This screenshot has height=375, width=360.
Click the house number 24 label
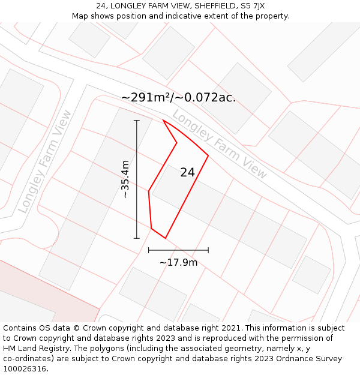point(187,172)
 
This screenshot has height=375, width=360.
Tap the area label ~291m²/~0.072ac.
point(178,97)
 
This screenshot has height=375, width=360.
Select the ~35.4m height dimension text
point(125,179)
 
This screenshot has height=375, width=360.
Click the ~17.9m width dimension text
point(178,262)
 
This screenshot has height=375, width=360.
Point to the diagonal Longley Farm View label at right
point(220,144)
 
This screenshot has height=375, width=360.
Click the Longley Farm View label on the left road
point(45,161)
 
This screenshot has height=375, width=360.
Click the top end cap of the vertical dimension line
point(137,121)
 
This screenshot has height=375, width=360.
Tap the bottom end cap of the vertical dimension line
point(137,238)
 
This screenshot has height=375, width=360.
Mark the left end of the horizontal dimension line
point(149,250)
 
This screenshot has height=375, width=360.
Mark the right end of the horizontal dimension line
point(208,250)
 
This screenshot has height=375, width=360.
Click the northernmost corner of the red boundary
point(164,120)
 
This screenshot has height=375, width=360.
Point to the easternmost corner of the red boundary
point(208,156)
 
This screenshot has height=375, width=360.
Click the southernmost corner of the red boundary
point(165,238)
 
